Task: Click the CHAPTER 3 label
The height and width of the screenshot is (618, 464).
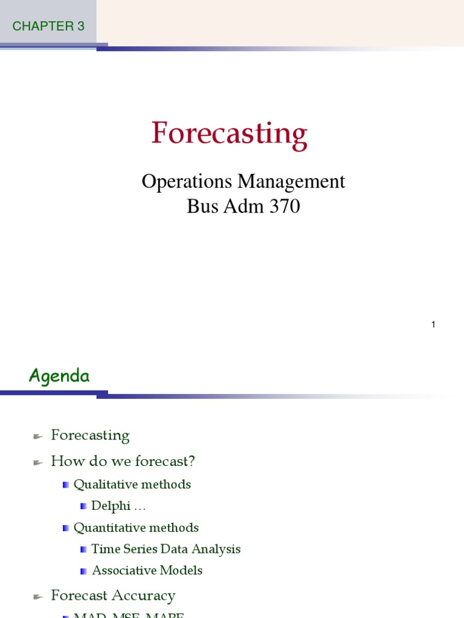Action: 48,26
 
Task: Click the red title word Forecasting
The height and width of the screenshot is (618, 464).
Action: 230,133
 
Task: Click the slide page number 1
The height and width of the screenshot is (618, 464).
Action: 433,325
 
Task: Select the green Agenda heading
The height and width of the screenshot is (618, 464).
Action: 59,377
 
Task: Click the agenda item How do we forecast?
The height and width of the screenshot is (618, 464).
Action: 123,462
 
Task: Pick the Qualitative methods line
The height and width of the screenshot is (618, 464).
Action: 132,484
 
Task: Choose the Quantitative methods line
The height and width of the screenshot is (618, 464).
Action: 136,527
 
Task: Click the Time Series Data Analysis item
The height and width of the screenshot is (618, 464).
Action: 166,549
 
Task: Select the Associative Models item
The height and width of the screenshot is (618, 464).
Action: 147,570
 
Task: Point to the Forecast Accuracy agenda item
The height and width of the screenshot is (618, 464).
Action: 113,596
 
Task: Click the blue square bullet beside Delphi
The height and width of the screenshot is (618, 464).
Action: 83,506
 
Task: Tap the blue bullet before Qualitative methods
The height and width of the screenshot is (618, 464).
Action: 66,485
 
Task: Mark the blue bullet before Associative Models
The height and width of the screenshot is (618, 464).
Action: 83,571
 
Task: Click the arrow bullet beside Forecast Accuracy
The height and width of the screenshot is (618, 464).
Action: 37,597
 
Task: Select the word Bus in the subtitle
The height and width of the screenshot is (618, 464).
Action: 199,207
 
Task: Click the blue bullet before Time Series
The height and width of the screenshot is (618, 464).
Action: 83,550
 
